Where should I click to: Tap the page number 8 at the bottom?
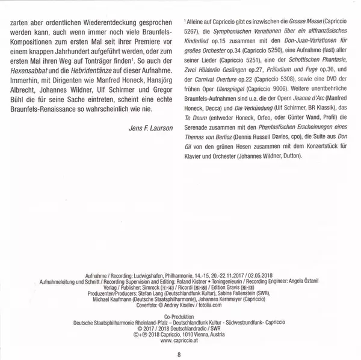point(179,344)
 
